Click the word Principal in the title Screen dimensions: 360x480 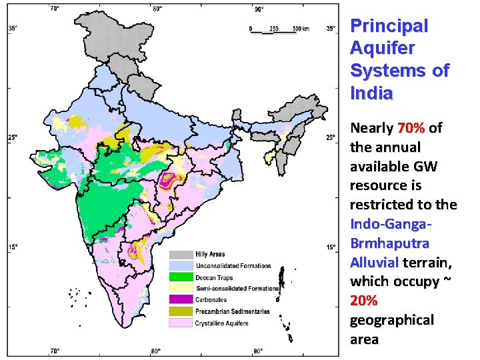point(389,27)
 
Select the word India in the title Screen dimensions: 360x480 point(371,93)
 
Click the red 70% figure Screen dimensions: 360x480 point(411,127)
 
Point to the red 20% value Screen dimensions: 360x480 point(364,301)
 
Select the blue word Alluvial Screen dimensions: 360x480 point(373,262)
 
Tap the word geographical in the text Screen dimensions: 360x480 point(391,320)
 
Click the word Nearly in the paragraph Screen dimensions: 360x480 point(371,127)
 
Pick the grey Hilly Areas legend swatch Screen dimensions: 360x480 point(181,254)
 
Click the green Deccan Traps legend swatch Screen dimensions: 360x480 point(181,277)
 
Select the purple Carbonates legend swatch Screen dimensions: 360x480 point(181,299)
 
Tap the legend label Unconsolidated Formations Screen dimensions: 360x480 point(233,265)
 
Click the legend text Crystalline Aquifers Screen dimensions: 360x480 point(222,323)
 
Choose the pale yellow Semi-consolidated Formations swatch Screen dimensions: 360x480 point(181,288)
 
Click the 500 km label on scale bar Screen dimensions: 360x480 point(301,29)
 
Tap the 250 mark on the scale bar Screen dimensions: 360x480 point(273,29)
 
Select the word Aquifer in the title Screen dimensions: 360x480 point(382,49)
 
